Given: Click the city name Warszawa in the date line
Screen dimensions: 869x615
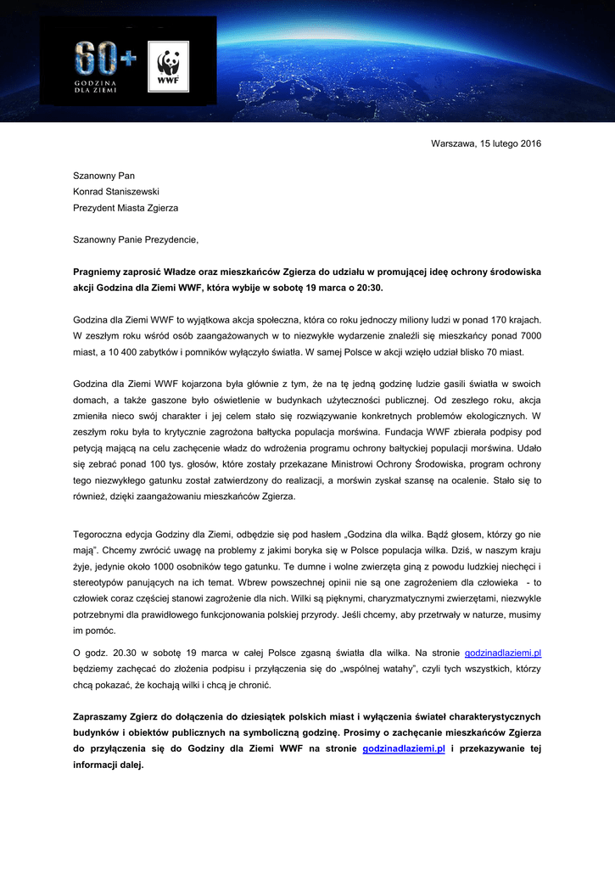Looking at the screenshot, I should tap(453, 143).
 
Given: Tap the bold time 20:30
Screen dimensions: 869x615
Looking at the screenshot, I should tap(369, 288).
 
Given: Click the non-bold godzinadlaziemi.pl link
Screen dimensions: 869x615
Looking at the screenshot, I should tap(503, 653).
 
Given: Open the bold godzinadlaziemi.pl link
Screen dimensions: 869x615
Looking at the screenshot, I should tap(404, 749).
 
